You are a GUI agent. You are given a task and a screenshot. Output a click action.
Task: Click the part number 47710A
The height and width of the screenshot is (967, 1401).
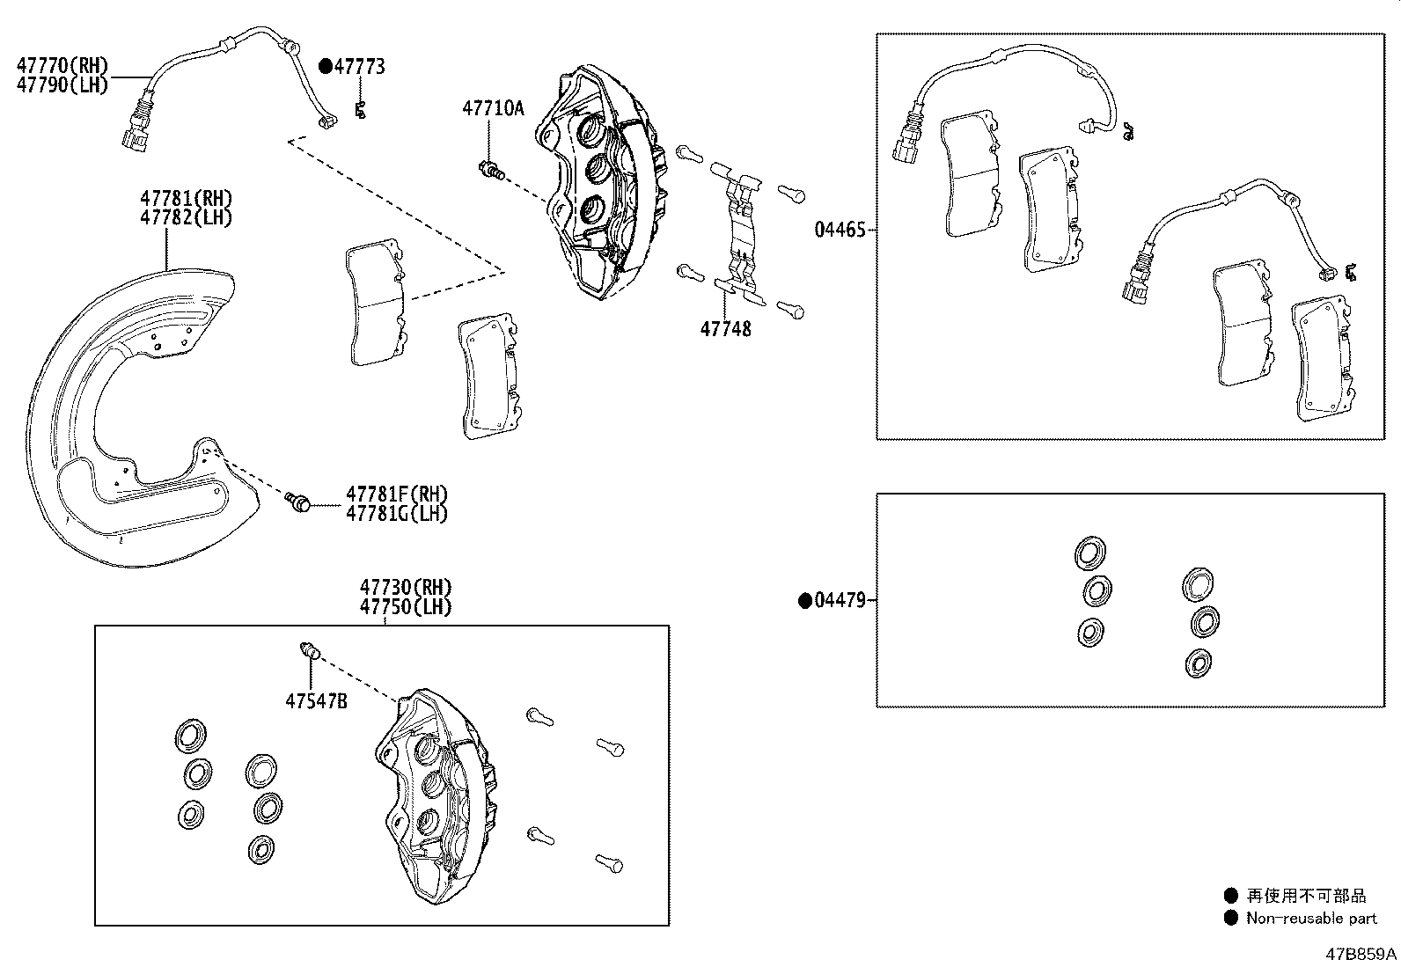pyautogui.click(x=493, y=108)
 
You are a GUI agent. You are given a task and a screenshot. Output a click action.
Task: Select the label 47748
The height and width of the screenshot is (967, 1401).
pyautogui.click(x=725, y=329)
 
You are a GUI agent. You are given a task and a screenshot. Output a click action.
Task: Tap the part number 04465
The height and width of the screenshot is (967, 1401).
pyautogui.click(x=840, y=230)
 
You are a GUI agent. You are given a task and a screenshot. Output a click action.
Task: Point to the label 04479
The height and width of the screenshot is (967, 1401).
pyautogui.click(x=840, y=601)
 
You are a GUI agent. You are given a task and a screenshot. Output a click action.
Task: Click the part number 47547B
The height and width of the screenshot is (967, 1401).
pyautogui.click(x=316, y=700)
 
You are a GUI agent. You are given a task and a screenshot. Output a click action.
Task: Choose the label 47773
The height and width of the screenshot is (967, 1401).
pyautogui.click(x=359, y=66)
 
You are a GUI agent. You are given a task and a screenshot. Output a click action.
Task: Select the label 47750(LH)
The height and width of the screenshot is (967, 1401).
pyautogui.click(x=405, y=606)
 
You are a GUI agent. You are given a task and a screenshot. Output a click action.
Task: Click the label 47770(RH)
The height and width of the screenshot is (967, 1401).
pyautogui.click(x=62, y=64)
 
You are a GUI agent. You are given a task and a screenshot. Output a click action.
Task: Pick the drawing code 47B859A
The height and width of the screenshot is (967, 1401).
pyautogui.click(x=1362, y=954)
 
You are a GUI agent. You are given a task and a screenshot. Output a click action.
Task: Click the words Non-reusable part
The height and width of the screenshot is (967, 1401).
pyautogui.click(x=1311, y=919)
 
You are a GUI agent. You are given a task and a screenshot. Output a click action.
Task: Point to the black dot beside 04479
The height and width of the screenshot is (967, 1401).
pyautogui.click(x=803, y=601)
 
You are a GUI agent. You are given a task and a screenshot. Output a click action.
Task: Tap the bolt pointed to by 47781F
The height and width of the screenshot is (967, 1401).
pyautogui.click(x=298, y=502)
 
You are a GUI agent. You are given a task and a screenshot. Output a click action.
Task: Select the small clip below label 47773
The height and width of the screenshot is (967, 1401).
pyautogui.click(x=359, y=110)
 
